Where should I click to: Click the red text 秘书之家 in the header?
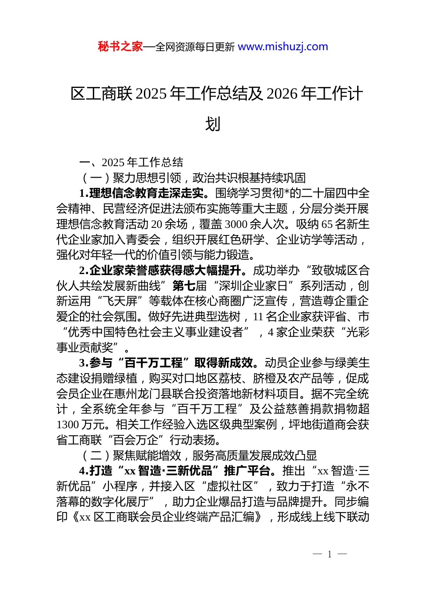pyautogui.click(x=120, y=47)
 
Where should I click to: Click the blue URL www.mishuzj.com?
pyautogui.click(x=283, y=47)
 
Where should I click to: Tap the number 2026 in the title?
pyautogui.click(x=283, y=94)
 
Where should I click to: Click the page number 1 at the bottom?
pyautogui.click(x=329, y=554)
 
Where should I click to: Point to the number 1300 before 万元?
pyautogui.click(x=68, y=425)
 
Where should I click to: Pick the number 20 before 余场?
pyautogui.click(x=157, y=224)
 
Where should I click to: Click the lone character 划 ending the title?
pyautogui.click(x=213, y=124)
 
